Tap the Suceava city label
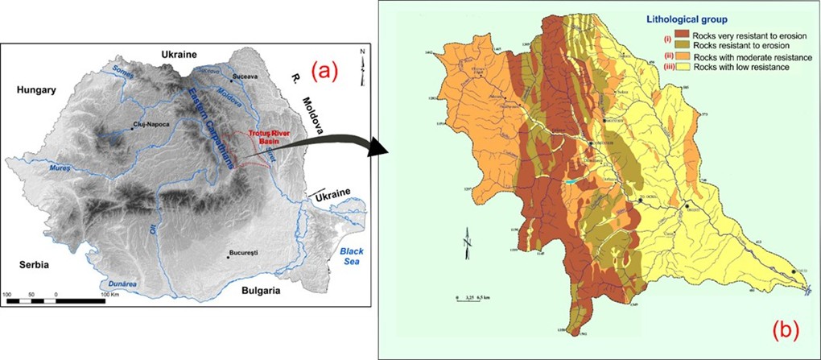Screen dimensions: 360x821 point(245,76)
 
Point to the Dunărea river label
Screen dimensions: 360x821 point(118,283)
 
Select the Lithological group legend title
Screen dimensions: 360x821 point(708,21)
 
